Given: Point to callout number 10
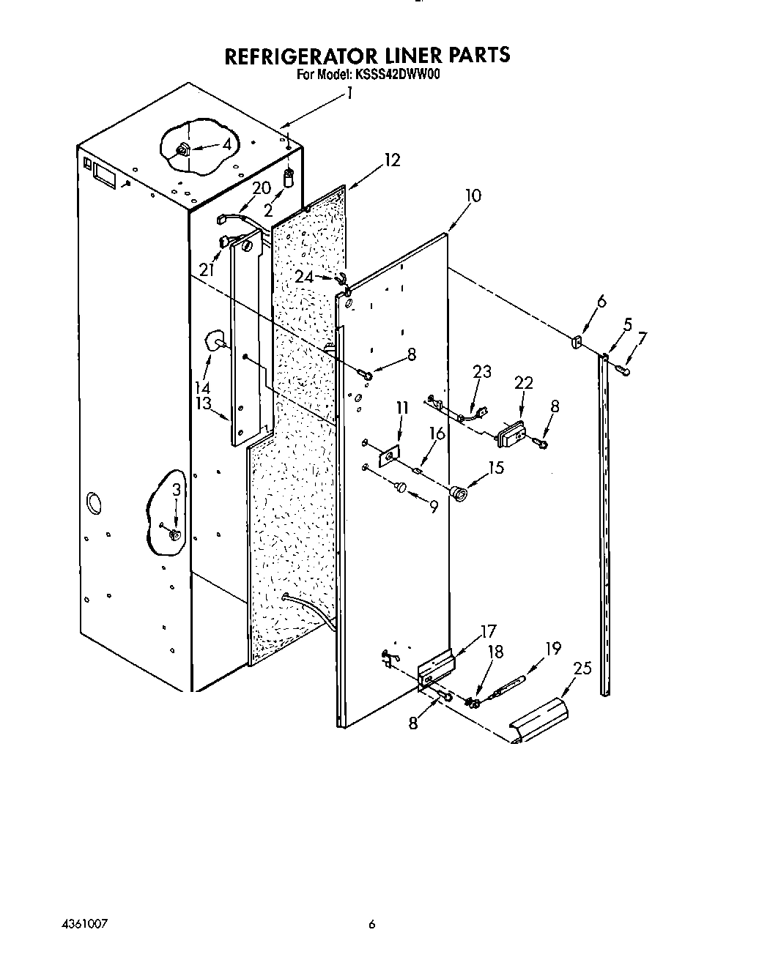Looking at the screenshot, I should (x=473, y=196).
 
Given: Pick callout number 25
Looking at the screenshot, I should (x=582, y=669).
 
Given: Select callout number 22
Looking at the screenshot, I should (x=524, y=383).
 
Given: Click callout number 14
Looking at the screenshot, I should (x=202, y=387).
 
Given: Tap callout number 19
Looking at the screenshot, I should (x=552, y=648).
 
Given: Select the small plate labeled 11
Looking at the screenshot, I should (x=389, y=457).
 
